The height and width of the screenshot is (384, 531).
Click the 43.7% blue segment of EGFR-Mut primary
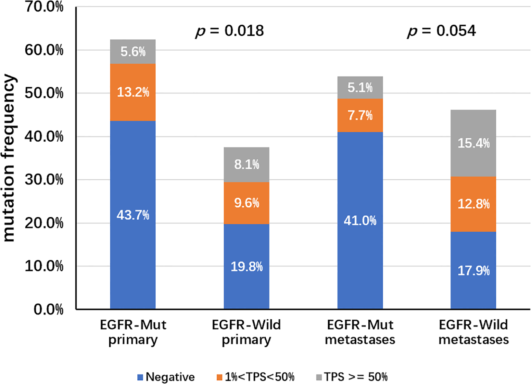[133, 215]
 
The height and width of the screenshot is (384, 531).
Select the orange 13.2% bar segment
[133, 92]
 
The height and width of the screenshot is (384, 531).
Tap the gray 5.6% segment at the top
[133, 52]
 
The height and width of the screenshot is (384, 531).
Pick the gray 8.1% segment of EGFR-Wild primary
[246, 164]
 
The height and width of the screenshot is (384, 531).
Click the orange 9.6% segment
[246, 203]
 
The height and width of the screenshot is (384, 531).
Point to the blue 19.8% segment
[246, 266]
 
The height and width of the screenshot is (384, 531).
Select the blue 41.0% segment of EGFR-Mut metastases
[360, 220]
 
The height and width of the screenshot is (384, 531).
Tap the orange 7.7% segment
[360, 115]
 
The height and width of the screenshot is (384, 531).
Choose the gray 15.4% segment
[473, 143]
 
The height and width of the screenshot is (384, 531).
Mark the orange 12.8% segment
[473, 204]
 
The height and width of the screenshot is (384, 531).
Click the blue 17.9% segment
[473, 270]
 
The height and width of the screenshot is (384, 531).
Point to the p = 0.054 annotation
[441, 31]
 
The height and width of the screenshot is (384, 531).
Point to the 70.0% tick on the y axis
[44, 7]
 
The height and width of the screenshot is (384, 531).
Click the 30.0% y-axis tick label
[44, 180]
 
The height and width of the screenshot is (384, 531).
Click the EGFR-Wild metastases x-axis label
[473, 332]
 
